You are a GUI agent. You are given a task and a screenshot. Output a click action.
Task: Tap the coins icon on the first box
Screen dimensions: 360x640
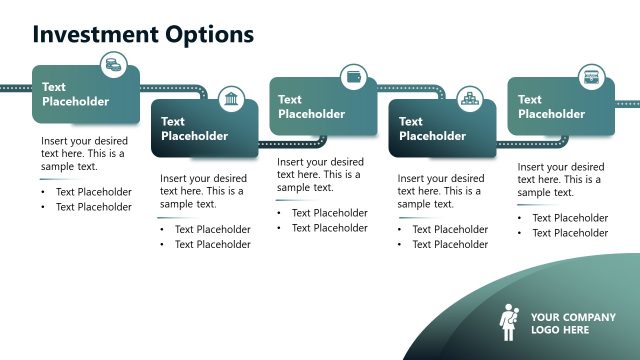114,66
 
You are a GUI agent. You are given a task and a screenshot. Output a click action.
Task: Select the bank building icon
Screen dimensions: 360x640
232,98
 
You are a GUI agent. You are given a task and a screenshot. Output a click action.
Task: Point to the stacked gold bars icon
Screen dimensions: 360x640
470,98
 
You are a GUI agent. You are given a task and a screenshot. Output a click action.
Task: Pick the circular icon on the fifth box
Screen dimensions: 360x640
591,76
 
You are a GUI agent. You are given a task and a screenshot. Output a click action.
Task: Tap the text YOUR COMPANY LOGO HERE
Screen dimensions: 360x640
567,323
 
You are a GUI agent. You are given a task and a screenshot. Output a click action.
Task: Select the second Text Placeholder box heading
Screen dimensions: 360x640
194,129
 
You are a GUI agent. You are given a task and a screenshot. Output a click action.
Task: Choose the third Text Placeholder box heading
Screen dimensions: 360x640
311,107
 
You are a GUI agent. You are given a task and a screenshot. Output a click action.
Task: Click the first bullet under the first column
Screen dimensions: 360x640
93,192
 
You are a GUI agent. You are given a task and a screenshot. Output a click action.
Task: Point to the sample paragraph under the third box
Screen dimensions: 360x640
320,174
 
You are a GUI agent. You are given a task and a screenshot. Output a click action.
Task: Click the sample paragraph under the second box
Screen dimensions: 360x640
202,191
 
